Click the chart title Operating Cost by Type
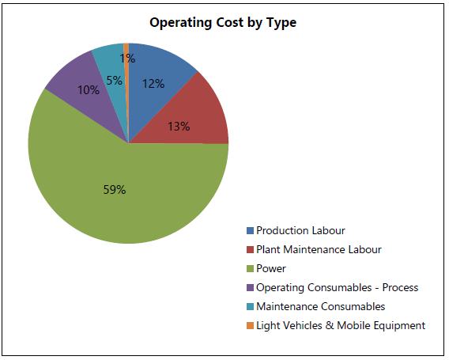pos(223,23)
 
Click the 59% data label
pos(115,189)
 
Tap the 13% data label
pos(179,127)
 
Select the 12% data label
pos(153,84)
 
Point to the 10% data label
pos(89,90)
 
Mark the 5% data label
pos(115,81)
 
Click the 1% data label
pos(127,59)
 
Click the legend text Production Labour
pos(300,230)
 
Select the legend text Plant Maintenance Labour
pos(319,249)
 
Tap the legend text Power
pos(271,268)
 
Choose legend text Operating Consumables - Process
pos(338,287)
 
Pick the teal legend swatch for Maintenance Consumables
pos(250,307)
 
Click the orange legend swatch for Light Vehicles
pos(250,326)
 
